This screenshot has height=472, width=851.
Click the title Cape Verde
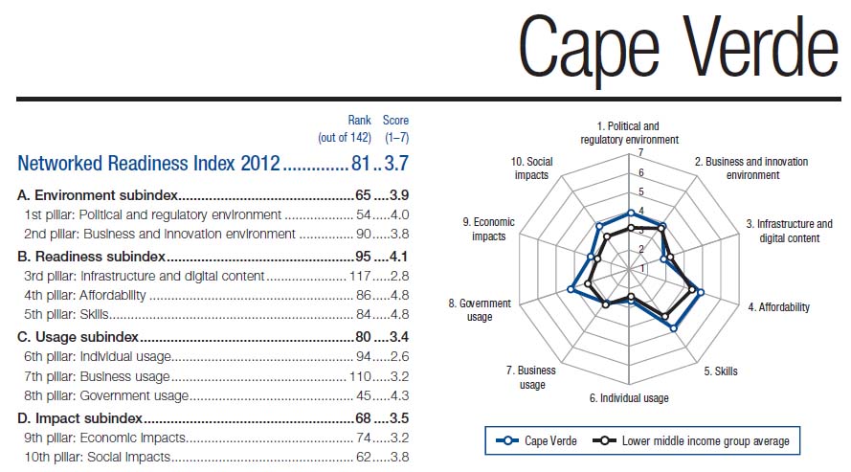coord(678,47)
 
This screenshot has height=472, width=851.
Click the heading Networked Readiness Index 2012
coord(148,163)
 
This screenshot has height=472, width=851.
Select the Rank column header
coord(359,121)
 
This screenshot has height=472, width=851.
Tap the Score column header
coord(395,121)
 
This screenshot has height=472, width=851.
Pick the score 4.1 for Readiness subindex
coord(398,257)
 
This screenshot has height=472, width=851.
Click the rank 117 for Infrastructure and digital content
coord(361,277)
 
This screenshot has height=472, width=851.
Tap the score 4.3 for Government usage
coord(398,396)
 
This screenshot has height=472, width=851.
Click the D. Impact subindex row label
coord(80,418)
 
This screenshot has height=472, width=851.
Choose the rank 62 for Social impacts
coord(364,458)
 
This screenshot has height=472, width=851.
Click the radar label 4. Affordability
coord(778,307)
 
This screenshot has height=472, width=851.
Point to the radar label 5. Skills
coord(721,371)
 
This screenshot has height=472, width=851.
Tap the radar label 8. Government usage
coord(485,310)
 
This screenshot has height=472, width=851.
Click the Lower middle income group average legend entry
coord(696,441)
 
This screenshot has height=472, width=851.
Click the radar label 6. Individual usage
coord(629,397)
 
